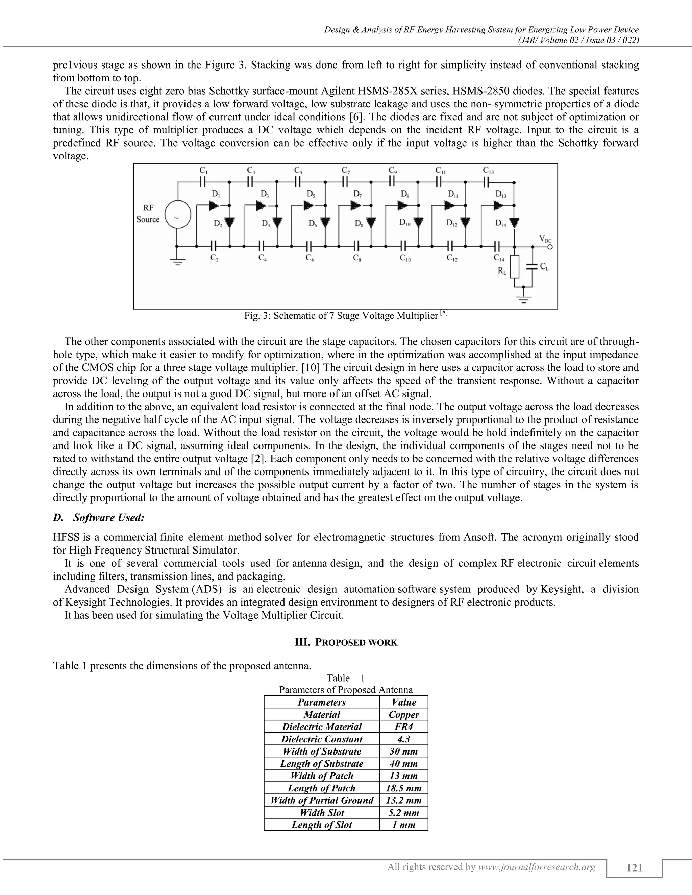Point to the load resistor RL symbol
click(x=515, y=267)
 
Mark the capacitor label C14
click(x=499, y=258)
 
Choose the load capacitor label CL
click(x=544, y=267)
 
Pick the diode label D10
click(x=406, y=223)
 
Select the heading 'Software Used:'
click(x=109, y=517)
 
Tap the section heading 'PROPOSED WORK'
click(x=346, y=642)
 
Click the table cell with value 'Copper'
click(x=403, y=715)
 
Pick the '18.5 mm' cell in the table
click(x=403, y=788)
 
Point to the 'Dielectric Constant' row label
click(x=321, y=739)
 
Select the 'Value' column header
click(x=403, y=702)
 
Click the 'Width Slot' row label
click(x=321, y=813)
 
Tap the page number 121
click(x=634, y=868)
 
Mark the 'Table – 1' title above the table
click(x=346, y=678)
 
